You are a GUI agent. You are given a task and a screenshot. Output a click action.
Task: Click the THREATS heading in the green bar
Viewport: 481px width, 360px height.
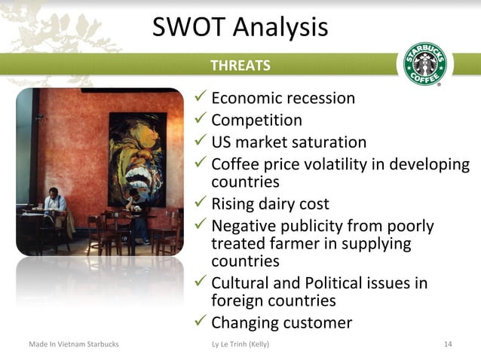240,66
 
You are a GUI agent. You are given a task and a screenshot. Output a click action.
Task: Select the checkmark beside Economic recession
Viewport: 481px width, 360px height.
201,98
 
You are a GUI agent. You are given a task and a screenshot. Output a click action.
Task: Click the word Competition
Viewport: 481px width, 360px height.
256,120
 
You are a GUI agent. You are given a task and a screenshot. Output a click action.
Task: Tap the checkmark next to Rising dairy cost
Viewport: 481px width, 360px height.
201,203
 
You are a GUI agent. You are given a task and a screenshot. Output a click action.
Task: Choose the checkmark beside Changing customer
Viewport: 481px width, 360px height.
201,322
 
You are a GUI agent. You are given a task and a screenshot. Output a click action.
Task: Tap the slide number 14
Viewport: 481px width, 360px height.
448,344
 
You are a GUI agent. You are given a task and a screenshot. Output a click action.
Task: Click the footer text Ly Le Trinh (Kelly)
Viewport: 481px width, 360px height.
241,344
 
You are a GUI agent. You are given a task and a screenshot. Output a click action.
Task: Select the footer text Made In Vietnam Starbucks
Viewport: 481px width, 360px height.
74,344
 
